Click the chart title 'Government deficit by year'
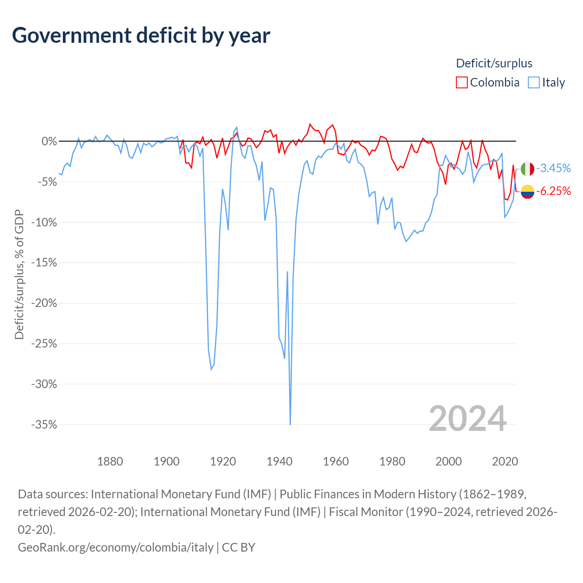coord(141,36)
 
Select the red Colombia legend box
coord(461,82)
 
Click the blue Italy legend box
coord(533,82)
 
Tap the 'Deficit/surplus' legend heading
coord(494,63)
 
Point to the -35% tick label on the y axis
coord(44,424)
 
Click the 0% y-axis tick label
coord(49,141)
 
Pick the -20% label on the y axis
coord(44,303)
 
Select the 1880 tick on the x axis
coord(110,462)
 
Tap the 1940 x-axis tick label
coord(280,462)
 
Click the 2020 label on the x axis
coord(505,462)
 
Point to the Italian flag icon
coord(527,169)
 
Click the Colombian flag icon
coord(527,192)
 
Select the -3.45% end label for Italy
coord(553,168)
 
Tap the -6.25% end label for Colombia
coord(553,191)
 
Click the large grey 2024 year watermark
coord(467,419)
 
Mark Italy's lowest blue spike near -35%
coord(291,424)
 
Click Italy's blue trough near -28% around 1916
coord(211,369)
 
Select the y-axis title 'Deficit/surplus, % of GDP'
coord(20,274)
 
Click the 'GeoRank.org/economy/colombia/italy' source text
coord(116,547)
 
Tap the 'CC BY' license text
coord(238,547)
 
